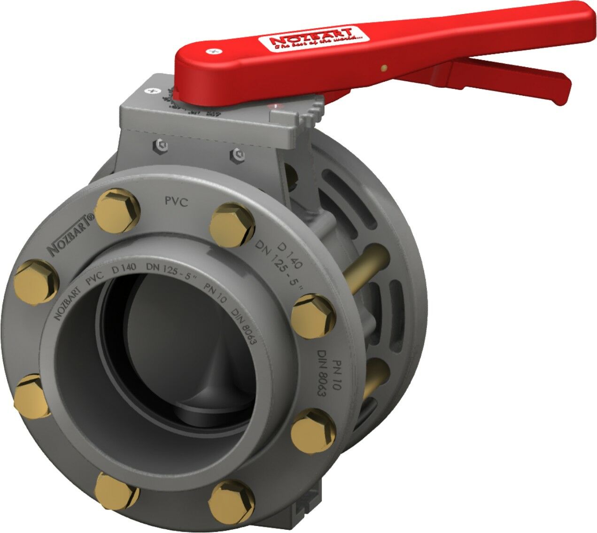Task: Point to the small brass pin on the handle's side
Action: [x=384, y=67]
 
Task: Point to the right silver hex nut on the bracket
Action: [x=238, y=154]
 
